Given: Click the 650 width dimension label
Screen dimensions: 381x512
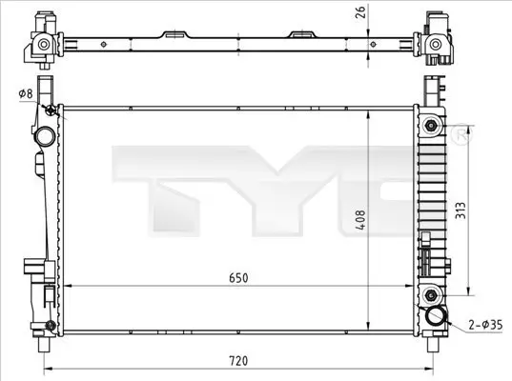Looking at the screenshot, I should click(x=238, y=277).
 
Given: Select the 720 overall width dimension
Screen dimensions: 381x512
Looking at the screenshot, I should click(x=238, y=361).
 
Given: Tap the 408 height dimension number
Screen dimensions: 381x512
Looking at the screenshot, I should click(x=349, y=218).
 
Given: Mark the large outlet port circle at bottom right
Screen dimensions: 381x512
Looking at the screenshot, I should click(x=437, y=318).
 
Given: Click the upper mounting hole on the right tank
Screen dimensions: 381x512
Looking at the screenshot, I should click(x=431, y=126).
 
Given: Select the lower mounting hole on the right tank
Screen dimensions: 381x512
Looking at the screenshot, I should click(x=431, y=292).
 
